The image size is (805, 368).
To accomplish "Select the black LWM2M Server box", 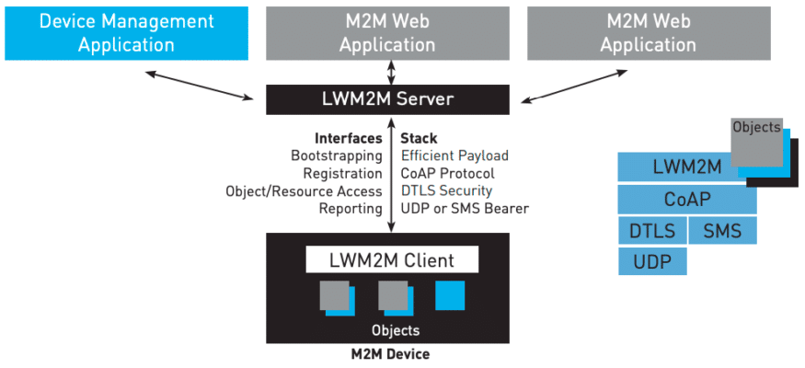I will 386,99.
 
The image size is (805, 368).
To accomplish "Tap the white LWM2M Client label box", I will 392,259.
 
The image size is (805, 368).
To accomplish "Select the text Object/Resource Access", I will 304,190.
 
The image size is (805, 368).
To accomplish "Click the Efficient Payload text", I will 454,155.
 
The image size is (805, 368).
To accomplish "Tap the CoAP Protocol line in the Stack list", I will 447,173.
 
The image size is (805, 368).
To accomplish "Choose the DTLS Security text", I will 446,190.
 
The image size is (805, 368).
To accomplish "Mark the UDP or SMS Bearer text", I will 465,209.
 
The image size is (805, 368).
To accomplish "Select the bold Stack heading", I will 420,138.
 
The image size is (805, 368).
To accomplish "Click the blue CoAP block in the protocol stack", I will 686,199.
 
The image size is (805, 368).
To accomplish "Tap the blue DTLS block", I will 651,230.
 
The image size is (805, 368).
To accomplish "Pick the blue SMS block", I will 722,230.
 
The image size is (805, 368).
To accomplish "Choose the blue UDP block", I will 651,261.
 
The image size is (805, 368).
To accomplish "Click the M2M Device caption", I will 390,353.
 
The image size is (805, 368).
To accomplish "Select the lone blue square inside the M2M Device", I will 450,294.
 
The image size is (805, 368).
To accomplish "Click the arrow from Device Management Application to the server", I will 200,84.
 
